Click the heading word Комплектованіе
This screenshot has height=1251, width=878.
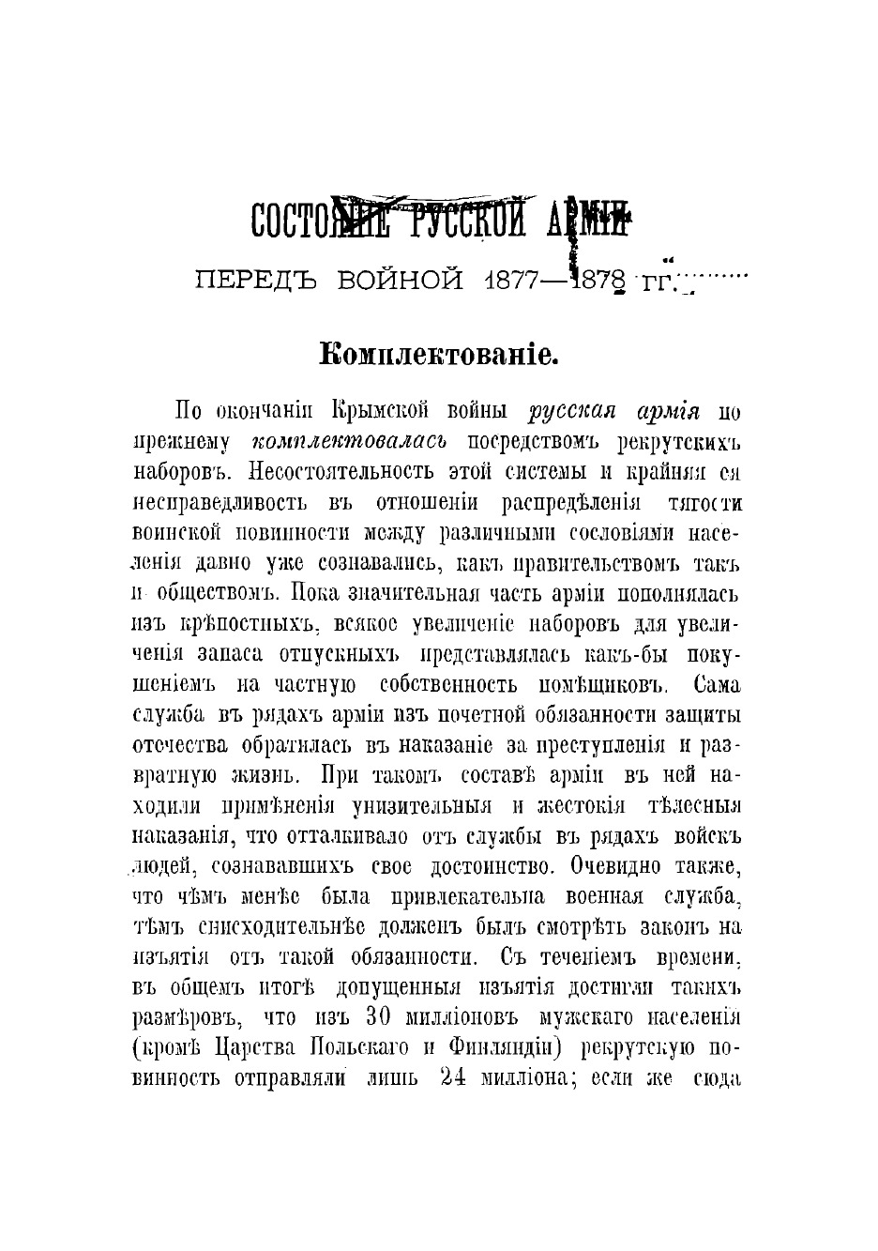tap(439, 355)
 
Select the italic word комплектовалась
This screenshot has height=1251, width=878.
tap(350, 441)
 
